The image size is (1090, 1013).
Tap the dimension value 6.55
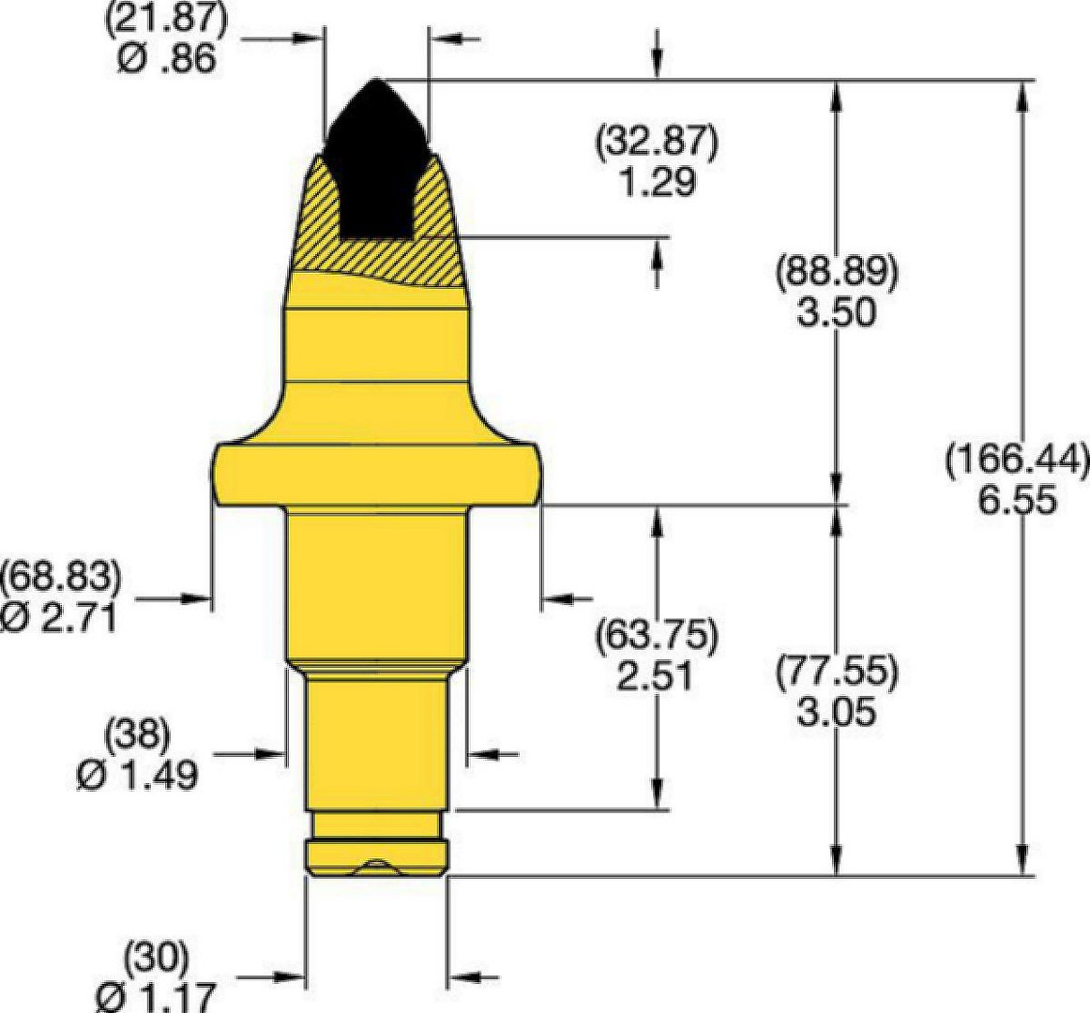coord(1017,500)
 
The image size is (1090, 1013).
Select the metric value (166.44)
coord(1017,460)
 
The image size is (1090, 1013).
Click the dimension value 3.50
coord(837,313)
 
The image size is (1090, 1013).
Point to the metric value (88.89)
coord(837,273)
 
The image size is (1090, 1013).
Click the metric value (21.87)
coord(165,20)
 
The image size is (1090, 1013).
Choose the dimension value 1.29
coord(657,181)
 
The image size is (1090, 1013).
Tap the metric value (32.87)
coord(657,142)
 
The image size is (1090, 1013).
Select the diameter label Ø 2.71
coord(58,616)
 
